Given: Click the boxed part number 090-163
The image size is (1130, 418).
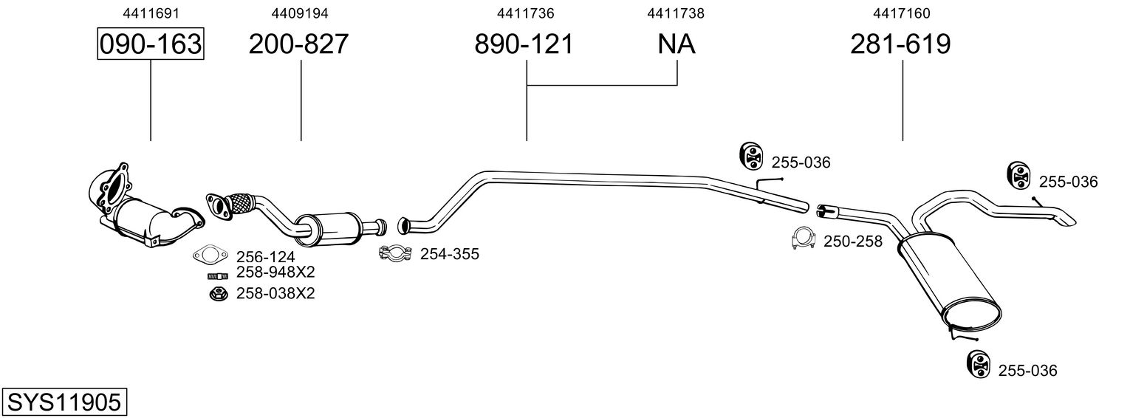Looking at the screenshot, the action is tap(151, 44).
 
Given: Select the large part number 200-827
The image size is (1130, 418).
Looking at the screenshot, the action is tap(298, 44).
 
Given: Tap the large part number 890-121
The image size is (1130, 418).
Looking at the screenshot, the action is tap(524, 44).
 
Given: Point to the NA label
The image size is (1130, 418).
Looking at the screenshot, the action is tap(677, 44).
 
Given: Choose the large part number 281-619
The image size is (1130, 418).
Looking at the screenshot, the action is tap(900, 44).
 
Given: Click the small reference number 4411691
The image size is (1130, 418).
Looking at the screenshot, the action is tap(151, 13).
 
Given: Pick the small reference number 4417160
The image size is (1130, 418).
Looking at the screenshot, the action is tap(902, 13).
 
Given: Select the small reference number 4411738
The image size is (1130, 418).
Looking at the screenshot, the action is tap(676, 13).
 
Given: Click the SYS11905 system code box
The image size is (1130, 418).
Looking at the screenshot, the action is tap(64, 402).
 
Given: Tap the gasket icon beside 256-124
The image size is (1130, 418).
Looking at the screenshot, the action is tap(210, 256).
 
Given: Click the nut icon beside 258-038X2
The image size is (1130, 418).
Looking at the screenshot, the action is tap(218, 293).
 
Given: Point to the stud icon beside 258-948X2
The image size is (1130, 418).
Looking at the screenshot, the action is tap(218, 275).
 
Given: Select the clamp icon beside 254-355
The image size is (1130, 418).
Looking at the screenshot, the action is tap(395, 253).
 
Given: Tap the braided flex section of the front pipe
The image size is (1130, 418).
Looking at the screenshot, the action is tap(242, 205).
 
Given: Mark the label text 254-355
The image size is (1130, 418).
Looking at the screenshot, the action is tap(450, 253).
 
